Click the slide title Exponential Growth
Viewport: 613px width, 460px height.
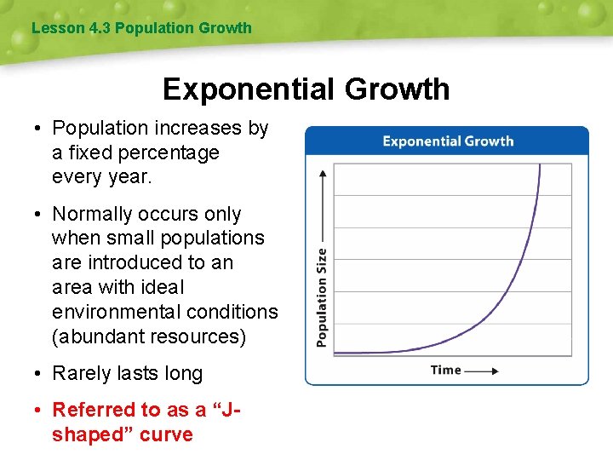(x=306, y=89)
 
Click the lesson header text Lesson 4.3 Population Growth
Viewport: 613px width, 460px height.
(x=141, y=28)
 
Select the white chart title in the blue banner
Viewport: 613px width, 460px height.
(x=448, y=141)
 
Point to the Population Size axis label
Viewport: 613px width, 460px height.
(x=322, y=296)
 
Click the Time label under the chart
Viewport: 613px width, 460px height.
(x=445, y=370)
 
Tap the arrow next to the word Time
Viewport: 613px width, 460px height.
(x=482, y=371)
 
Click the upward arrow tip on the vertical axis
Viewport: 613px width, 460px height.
(x=323, y=172)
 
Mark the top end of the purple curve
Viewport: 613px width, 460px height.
(x=540, y=165)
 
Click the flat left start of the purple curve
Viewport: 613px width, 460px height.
(x=349, y=352)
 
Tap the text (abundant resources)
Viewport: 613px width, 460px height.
(x=149, y=336)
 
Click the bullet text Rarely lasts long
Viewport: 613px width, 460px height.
(x=127, y=373)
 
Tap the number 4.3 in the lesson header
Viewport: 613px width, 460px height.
(x=100, y=28)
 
